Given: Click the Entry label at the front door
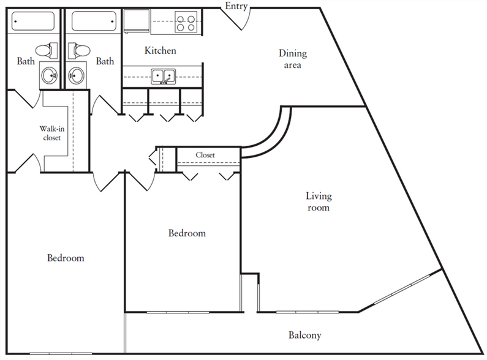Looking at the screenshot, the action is click(x=236, y=6).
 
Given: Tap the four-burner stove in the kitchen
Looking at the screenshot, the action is click(x=186, y=21).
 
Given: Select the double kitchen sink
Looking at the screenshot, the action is click(x=164, y=77).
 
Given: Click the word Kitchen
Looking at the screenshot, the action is click(x=160, y=50).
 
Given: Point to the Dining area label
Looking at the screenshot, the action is click(x=293, y=59).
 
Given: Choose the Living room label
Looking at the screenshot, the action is click(x=319, y=201).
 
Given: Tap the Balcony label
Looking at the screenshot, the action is click(x=304, y=335).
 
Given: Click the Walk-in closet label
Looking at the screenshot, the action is click(x=52, y=133).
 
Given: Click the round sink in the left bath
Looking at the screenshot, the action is click(x=50, y=75).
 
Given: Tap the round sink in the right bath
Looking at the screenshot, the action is click(x=77, y=75).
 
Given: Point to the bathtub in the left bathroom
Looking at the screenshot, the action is click(x=33, y=21).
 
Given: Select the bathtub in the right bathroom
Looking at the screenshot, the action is click(x=94, y=21).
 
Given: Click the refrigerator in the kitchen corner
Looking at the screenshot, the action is click(x=137, y=20).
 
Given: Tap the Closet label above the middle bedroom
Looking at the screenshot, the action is click(x=205, y=155).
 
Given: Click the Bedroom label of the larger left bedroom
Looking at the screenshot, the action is click(x=66, y=258).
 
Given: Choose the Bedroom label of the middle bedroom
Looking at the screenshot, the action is click(x=187, y=233).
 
